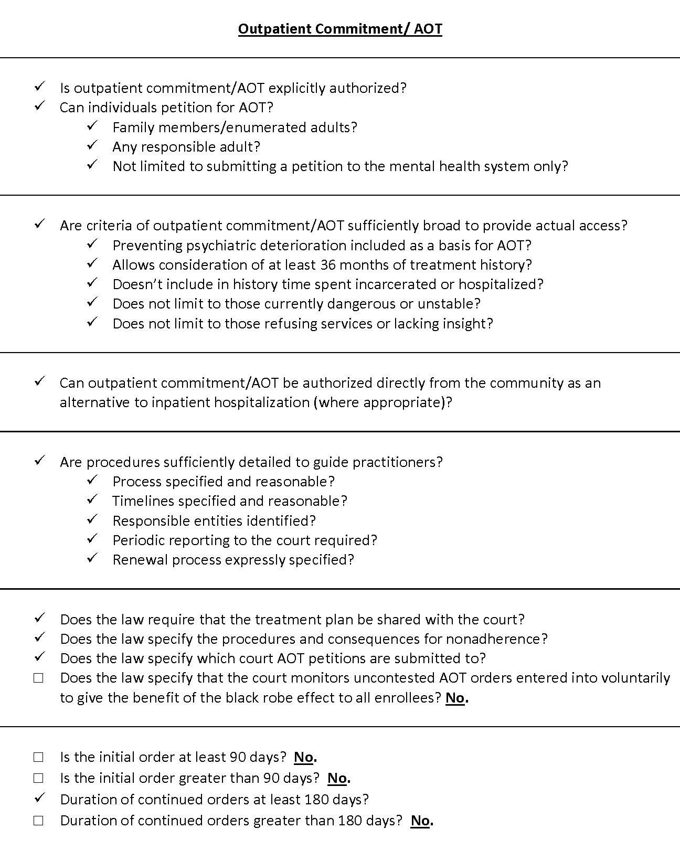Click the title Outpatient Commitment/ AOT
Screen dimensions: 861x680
[340, 29]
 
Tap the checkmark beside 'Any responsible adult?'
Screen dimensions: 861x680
[92, 145]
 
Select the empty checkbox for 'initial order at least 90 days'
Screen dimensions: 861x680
[38, 757]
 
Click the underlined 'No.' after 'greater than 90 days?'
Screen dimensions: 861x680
[338, 778]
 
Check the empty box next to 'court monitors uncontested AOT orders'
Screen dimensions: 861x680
[38, 678]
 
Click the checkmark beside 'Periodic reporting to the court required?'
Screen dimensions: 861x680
[92, 539]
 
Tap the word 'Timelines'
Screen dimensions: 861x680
[143, 501]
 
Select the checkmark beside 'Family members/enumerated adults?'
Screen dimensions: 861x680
[92, 126]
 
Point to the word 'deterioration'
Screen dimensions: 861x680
[305, 246]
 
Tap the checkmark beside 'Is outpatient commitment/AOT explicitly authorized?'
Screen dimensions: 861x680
[39, 87]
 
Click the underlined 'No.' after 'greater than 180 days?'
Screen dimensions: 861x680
[421, 821]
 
